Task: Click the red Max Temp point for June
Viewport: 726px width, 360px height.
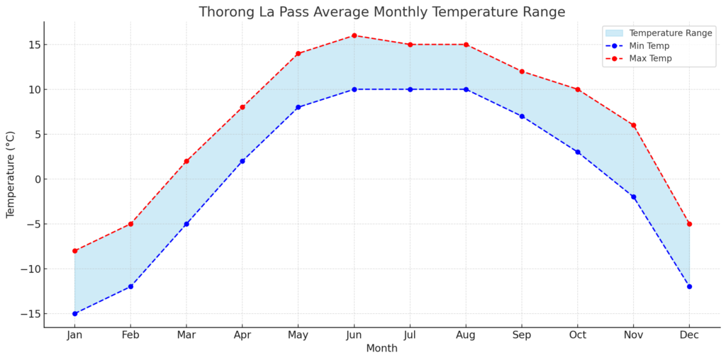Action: point(354,35)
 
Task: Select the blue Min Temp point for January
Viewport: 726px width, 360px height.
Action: point(74,313)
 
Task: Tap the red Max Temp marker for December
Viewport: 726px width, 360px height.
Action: point(689,224)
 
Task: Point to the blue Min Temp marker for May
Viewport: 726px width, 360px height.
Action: point(298,107)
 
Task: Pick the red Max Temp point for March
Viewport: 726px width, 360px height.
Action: point(186,161)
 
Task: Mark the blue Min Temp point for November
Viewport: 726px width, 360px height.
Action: point(633,197)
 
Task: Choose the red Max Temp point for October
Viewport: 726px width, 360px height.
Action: point(578,89)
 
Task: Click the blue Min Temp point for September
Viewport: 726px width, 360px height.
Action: point(522,116)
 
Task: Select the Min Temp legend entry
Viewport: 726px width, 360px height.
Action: point(649,45)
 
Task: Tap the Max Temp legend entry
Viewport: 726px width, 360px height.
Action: point(650,58)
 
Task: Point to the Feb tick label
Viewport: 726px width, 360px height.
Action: point(130,335)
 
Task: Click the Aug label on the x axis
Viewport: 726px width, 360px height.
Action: point(466,335)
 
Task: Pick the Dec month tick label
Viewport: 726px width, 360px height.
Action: point(689,335)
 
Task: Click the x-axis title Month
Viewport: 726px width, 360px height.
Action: point(381,349)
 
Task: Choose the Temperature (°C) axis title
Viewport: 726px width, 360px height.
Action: point(11,174)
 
